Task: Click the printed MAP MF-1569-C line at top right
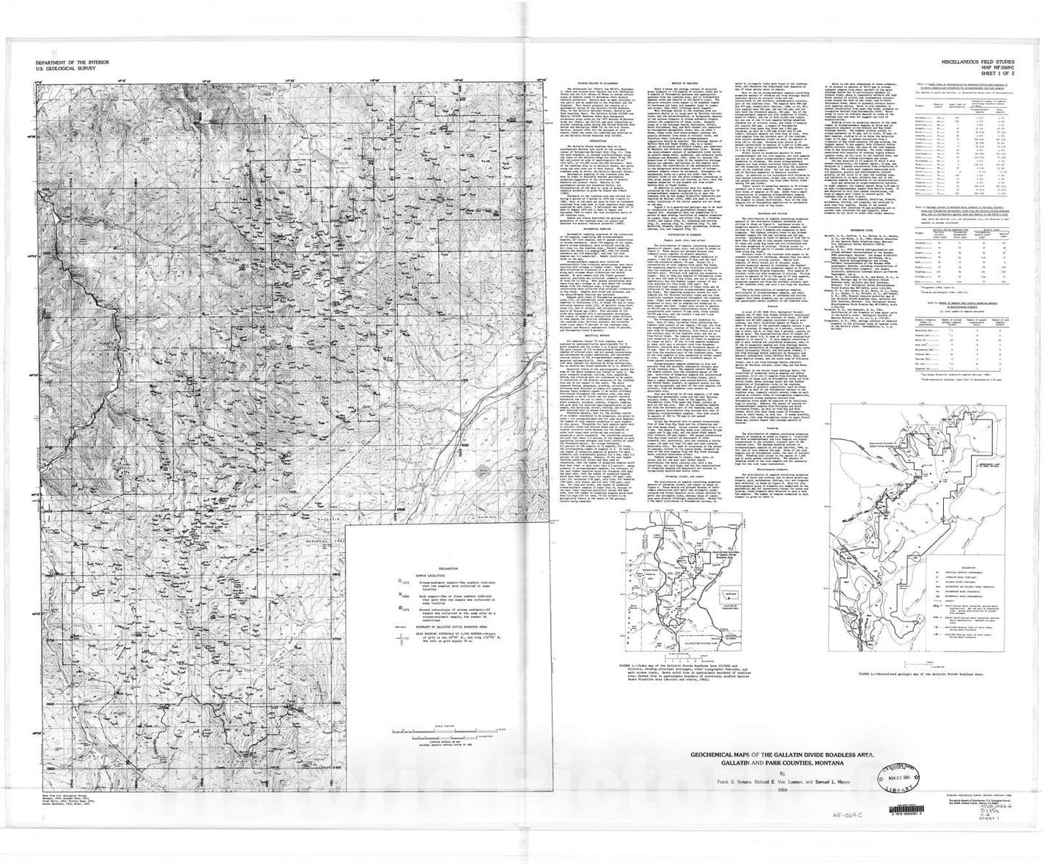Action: tap(1005, 68)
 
